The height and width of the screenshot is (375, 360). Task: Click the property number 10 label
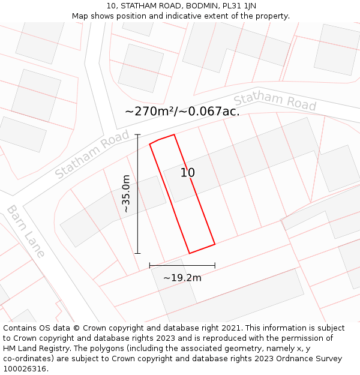188,173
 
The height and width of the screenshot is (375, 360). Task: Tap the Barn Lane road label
26,231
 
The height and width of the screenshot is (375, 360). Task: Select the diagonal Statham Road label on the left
92,155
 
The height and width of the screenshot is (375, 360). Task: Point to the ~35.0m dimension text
126,194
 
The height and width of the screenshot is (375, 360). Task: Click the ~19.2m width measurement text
182,277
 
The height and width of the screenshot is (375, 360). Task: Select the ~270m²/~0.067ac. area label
182,111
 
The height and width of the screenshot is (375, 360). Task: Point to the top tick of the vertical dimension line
138,134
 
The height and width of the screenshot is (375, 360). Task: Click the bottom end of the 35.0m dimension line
138,253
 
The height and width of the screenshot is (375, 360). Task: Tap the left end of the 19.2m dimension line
149,265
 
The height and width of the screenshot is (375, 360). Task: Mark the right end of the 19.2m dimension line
215,265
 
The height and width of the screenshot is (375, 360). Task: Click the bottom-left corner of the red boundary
190,253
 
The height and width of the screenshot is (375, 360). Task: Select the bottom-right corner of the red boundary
215,244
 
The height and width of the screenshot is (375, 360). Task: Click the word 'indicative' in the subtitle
188,16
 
